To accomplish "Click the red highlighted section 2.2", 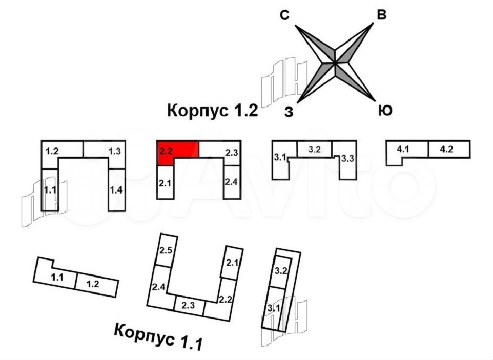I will (x=177, y=150).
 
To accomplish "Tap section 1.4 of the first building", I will (x=116, y=190).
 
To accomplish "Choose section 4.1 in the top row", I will (x=407, y=149).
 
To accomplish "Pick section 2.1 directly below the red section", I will (x=166, y=182).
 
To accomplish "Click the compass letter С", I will (x=285, y=16).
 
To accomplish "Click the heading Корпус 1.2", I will (x=212, y=111).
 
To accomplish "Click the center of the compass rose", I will (x=335, y=63).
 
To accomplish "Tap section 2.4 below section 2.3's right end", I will (x=232, y=182).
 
